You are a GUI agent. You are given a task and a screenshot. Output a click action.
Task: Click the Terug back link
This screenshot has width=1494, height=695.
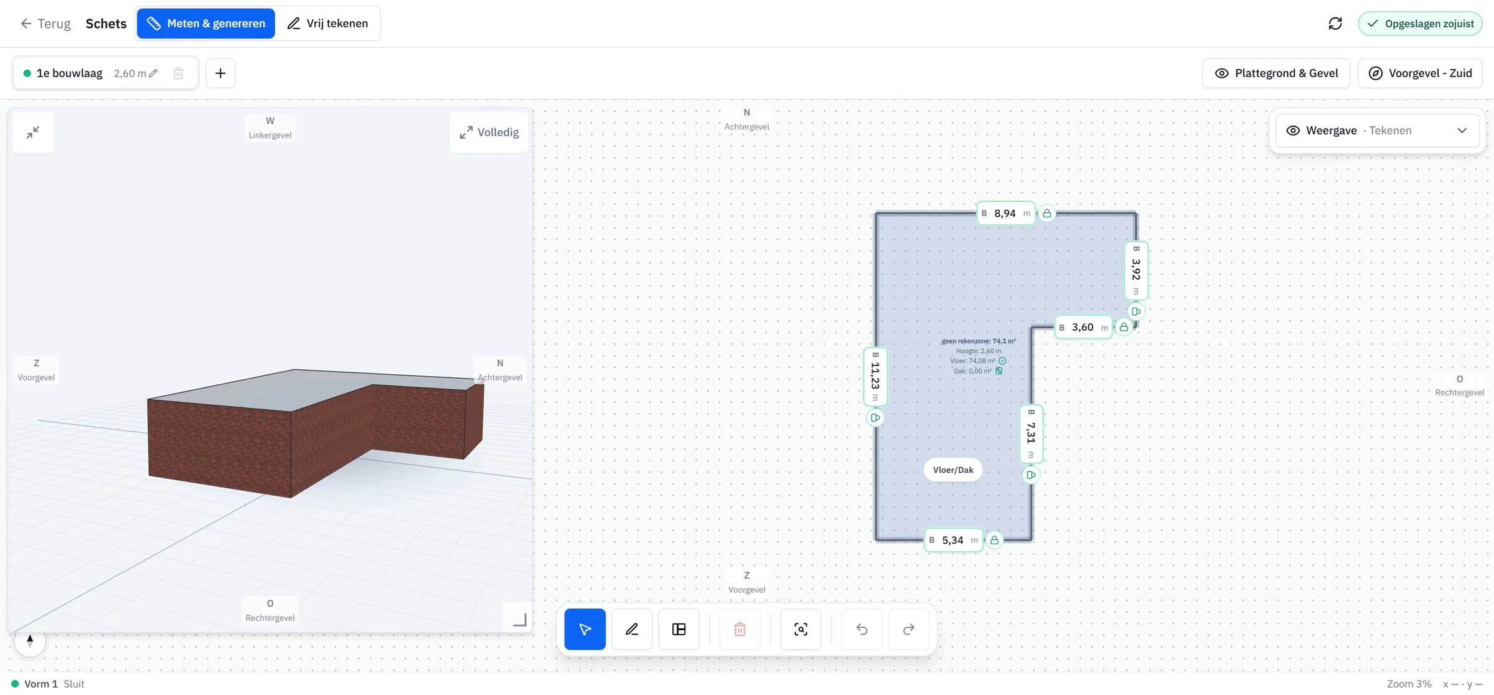(x=45, y=24)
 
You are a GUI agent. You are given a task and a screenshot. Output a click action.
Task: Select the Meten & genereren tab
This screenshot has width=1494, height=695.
(x=206, y=24)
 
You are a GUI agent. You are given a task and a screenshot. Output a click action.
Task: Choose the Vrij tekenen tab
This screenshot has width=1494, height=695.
(x=327, y=24)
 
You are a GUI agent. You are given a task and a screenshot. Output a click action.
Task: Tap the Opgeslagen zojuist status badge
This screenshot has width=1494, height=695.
(x=1420, y=24)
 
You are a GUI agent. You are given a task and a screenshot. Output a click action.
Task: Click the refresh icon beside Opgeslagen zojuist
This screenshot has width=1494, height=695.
(x=1335, y=24)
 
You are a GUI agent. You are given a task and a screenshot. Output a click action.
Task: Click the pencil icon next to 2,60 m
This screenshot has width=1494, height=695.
(x=153, y=73)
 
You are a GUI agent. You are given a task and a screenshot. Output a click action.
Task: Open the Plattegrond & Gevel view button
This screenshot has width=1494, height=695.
(x=1276, y=73)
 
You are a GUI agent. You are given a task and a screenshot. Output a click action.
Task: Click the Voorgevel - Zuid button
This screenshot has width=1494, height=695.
(x=1420, y=73)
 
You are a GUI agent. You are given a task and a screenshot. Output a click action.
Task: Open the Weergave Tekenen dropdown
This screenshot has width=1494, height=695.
(x=1378, y=131)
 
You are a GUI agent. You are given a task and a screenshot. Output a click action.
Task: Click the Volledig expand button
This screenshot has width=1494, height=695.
(x=489, y=133)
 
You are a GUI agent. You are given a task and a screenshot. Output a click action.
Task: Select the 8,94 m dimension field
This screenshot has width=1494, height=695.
(x=1006, y=214)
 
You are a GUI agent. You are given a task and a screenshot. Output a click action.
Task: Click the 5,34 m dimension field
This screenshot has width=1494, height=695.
(x=954, y=541)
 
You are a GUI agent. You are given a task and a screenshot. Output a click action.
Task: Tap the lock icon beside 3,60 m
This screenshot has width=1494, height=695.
(x=1124, y=327)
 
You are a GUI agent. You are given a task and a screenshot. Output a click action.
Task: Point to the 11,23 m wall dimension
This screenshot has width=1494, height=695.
(x=875, y=377)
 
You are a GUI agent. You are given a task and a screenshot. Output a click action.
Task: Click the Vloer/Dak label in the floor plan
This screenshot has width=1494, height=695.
(x=953, y=470)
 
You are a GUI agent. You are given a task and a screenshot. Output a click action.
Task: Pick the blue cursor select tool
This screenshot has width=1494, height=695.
(x=585, y=630)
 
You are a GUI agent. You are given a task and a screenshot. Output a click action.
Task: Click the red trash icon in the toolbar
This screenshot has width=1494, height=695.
(x=740, y=630)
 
